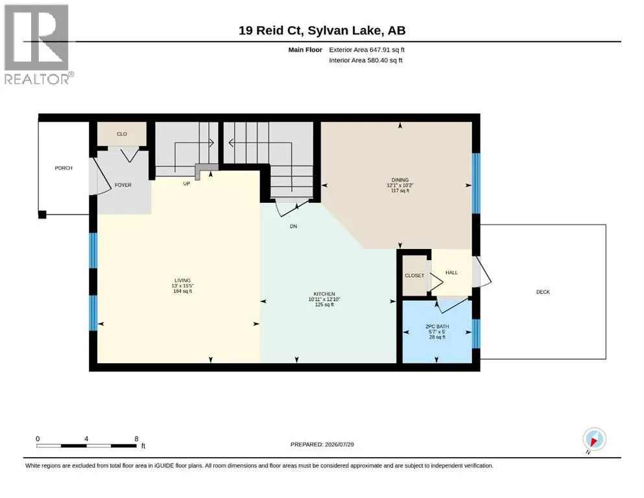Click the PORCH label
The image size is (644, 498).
[x=64, y=168]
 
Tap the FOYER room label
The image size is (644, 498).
[x=123, y=185]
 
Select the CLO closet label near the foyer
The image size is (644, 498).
[x=121, y=134]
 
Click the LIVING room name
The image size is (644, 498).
[x=182, y=280]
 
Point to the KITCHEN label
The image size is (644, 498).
[x=324, y=294]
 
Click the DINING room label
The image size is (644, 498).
[x=400, y=180]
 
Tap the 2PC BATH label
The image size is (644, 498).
[x=437, y=326]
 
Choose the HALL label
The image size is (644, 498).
[x=451, y=272]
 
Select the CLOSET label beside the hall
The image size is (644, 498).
[x=414, y=276]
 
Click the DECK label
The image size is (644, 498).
[x=543, y=292]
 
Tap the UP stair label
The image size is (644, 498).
[x=187, y=184]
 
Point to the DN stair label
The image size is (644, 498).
[x=293, y=226]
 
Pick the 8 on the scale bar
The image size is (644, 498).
[x=136, y=439]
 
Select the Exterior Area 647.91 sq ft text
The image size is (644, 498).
[x=367, y=50]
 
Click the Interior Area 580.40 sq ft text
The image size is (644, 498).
[x=366, y=60]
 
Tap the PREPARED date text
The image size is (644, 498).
[x=322, y=444]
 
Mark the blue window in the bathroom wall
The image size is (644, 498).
[x=476, y=333]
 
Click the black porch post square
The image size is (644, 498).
[x=42, y=214]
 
